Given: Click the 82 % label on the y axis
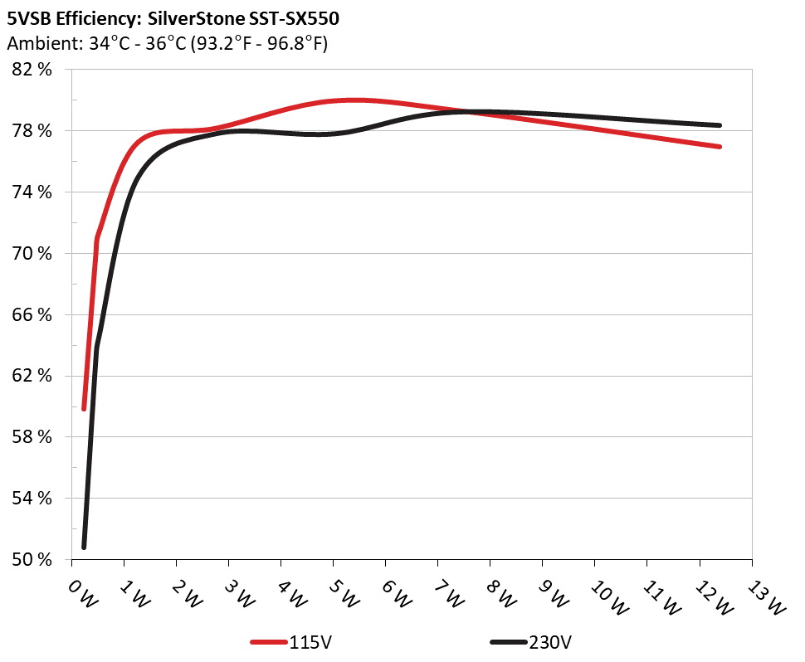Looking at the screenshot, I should pyautogui.click(x=33, y=70).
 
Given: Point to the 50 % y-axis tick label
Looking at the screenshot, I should pyautogui.click(x=33, y=559).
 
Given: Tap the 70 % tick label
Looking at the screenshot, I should pyautogui.click(x=33, y=254).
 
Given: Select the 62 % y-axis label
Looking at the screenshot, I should pyautogui.click(x=33, y=376).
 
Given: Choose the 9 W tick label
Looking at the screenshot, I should pyautogui.click(x=554, y=594).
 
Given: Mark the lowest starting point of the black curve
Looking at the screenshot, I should pyautogui.click(x=84, y=547).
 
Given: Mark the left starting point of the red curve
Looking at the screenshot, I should pyautogui.click(x=84, y=408).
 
